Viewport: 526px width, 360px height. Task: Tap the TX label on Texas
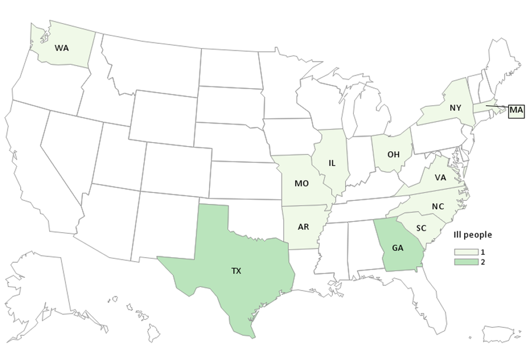tap(236, 271)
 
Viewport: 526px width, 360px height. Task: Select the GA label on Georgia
tap(398, 248)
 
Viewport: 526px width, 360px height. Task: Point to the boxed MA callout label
tap(516, 110)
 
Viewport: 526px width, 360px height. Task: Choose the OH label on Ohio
tap(394, 155)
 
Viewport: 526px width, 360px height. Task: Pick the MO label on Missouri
tap(301, 183)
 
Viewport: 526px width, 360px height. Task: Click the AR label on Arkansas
tap(303, 227)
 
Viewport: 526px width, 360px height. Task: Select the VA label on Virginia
tap(440, 177)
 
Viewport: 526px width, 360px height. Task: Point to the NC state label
tap(438, 206)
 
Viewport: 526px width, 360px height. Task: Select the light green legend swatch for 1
tap(465, 252)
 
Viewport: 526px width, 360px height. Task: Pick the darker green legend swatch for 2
tap(465, 262)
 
